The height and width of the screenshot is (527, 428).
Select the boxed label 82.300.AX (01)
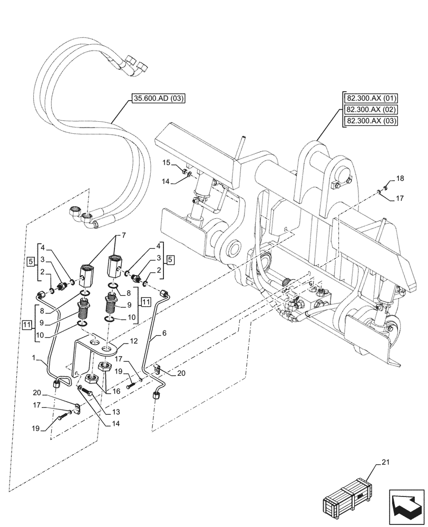pyautogui.click(x=371, y=99)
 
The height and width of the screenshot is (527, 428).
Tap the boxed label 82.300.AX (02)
pyautogui.click(x=371, y=110)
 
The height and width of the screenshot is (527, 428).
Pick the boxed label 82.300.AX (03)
pyautogui.click(x=371, y=121)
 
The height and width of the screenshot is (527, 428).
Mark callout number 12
pyautogui.click(x=134, y=341)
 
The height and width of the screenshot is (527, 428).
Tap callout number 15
pyautogui.click(x=166, y=163)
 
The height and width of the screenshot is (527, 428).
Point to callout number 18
pyautogui.click(x=400, y=179)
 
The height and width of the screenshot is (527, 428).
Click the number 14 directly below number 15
pyautogui.click(x=166, y=181)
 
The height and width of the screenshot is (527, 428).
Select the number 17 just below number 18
pyautogui.click(x=400, y=198)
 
